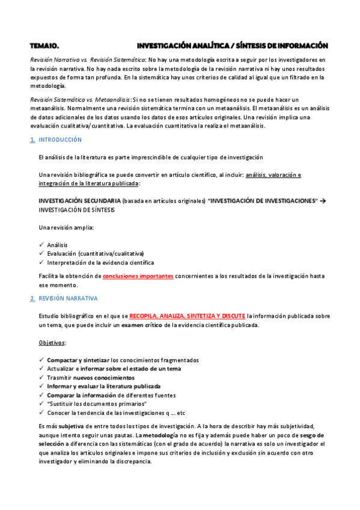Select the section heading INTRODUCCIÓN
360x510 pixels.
59,140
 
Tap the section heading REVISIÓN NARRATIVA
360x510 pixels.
68,298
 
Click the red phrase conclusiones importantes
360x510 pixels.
138,276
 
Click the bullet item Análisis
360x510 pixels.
57,245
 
